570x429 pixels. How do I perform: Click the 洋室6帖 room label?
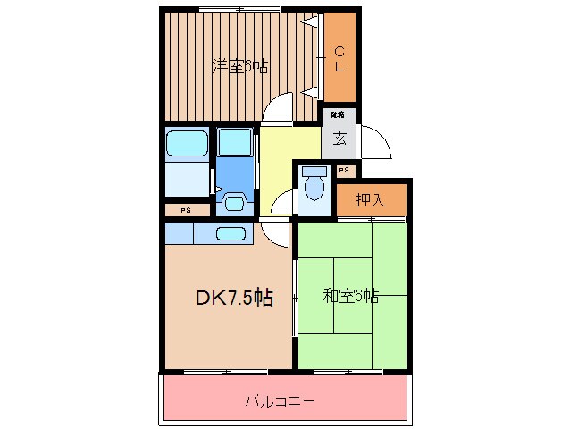239,65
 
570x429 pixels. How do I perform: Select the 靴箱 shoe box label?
339,114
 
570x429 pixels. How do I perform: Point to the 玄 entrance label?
339,139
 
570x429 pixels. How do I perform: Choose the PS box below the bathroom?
186,210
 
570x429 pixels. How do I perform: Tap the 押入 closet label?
371,199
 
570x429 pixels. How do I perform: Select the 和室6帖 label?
351,296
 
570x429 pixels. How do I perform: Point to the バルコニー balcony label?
281,401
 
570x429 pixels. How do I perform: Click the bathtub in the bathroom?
188,143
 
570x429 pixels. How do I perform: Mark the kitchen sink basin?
231,234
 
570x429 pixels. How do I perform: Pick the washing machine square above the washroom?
236,143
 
